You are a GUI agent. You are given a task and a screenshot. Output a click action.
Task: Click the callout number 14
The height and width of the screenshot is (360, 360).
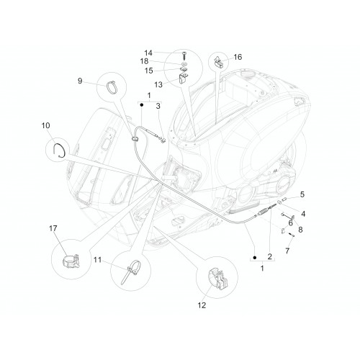point(148,53)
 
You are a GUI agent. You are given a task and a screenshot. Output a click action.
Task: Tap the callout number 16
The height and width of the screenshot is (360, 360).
point(238,57)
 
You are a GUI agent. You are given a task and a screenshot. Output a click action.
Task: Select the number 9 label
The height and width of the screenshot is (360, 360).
point(80,81)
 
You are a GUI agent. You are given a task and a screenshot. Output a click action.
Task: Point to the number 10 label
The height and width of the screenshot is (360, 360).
point(45,125)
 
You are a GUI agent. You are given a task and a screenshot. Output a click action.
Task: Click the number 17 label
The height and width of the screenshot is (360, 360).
point(53,228)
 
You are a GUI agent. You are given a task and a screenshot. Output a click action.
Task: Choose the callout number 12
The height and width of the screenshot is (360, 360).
point(202,305)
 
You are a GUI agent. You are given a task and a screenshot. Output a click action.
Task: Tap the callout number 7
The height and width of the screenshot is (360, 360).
point(287,251)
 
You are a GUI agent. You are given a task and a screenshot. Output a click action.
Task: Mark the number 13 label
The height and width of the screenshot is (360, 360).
point(158,84)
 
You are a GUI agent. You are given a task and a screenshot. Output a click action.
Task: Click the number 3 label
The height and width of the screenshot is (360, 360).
point(158,106)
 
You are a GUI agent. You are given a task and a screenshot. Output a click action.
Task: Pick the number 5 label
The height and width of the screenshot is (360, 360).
point(302,194)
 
